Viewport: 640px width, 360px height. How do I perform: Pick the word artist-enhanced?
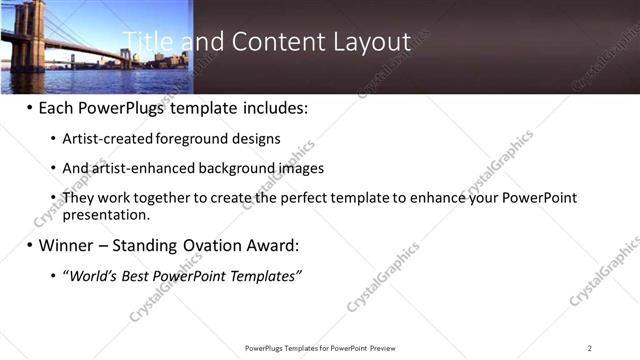pos(141,168)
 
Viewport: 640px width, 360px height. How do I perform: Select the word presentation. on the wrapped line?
pos(106,214)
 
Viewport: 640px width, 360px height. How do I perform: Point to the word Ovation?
pos(208,245)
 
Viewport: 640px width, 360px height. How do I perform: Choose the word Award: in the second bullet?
pos(271,245)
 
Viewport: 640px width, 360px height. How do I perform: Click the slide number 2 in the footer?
pos(590,348)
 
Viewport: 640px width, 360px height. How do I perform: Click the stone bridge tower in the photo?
pos(28,35)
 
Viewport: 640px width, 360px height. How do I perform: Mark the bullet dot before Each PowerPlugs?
pos(30,107)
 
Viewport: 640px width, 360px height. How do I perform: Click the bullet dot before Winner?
pos(30,246)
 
